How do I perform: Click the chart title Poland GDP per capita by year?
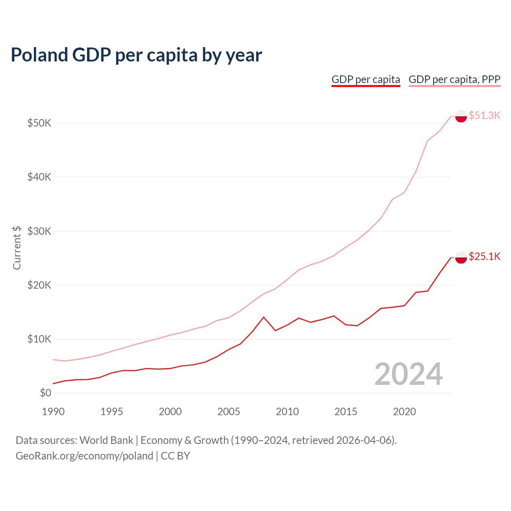(x=136, y=55)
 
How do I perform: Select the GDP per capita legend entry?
(x=366, y=79)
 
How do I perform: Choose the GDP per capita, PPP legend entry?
(x=454, y=79)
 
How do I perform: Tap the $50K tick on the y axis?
(x=39, y=123)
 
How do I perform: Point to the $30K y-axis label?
(x=39, y=231)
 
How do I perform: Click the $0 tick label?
(x=46, y=393)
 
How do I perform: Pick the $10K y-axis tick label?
(x=39, y=339)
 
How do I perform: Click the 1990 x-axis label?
(x=53, y=412)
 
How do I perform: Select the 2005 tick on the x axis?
(x=229, y=412)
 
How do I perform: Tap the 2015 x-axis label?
(x=346, y=412)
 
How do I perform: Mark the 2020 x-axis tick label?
(x=404, y=412)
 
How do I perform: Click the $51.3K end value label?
(x=484, y=115)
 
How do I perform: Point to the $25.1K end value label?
(x=484, y=256)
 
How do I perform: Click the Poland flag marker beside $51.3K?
(x=461, y=116)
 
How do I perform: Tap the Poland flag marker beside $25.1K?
(x=461, y=257)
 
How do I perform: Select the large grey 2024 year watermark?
(x=408, y=374)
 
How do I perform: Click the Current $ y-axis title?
(x=17, y=248)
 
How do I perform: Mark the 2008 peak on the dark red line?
(x=263, y=317)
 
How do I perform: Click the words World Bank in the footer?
(x=106, y=440)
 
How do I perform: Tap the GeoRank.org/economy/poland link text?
(x=84, y=456)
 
